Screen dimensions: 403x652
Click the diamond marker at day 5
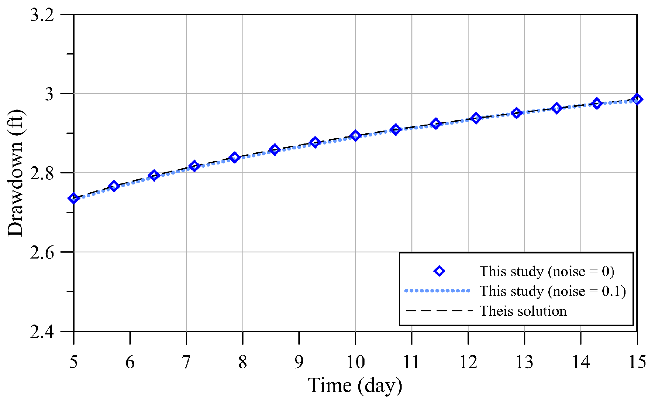[73, 198]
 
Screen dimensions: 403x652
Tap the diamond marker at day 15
[637, 99]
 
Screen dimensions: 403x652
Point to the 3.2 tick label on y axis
[42, 15]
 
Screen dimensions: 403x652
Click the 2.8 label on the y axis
[42, 173]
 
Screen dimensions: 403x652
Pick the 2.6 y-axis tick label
[42, 252]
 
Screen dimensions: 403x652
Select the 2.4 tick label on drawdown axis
[42, 332]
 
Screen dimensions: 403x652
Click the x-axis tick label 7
[186, 362]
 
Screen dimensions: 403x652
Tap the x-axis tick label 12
[468, 362]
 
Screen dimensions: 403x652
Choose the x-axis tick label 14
[581, 362]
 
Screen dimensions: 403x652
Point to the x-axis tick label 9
[299, 362]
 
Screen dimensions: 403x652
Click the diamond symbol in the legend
[439, 271]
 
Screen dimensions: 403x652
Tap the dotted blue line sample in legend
[437, 291]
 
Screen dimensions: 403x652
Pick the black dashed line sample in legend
[439, 310]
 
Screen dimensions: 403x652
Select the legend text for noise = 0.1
[553, 291]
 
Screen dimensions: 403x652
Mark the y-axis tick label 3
[49, 94]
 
